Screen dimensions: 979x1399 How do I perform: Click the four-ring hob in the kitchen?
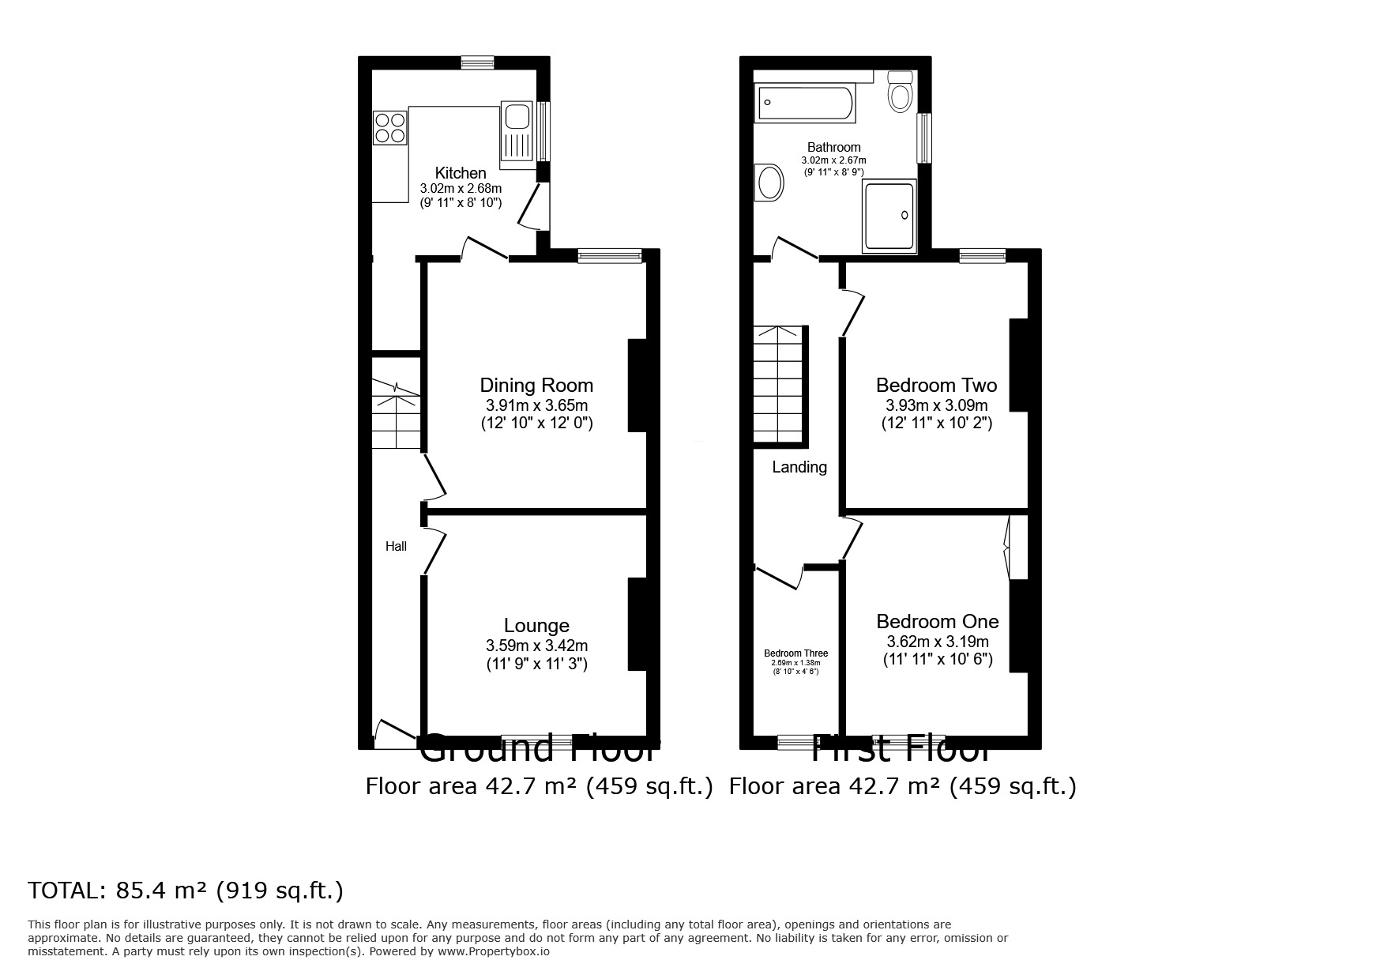390,128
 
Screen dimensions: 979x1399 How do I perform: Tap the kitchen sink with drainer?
517,131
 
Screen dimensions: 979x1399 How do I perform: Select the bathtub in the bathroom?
805,104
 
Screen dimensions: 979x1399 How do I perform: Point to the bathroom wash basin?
769,183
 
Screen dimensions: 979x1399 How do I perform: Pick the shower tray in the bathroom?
891,216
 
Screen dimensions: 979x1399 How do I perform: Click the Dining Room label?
536,386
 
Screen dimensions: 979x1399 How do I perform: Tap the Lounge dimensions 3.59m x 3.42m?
536,646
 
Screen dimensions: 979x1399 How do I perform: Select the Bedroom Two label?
936,386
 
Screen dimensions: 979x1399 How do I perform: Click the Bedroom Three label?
795,653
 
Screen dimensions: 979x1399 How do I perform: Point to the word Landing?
799,467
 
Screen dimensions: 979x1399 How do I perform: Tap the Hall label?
396,546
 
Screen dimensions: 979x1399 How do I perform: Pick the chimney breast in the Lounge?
637,624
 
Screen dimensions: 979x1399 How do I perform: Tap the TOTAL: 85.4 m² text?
186,891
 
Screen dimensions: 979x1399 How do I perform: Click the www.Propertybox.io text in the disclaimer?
493,951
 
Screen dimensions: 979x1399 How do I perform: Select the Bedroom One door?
852,538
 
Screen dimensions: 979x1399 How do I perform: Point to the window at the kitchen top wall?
478,62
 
